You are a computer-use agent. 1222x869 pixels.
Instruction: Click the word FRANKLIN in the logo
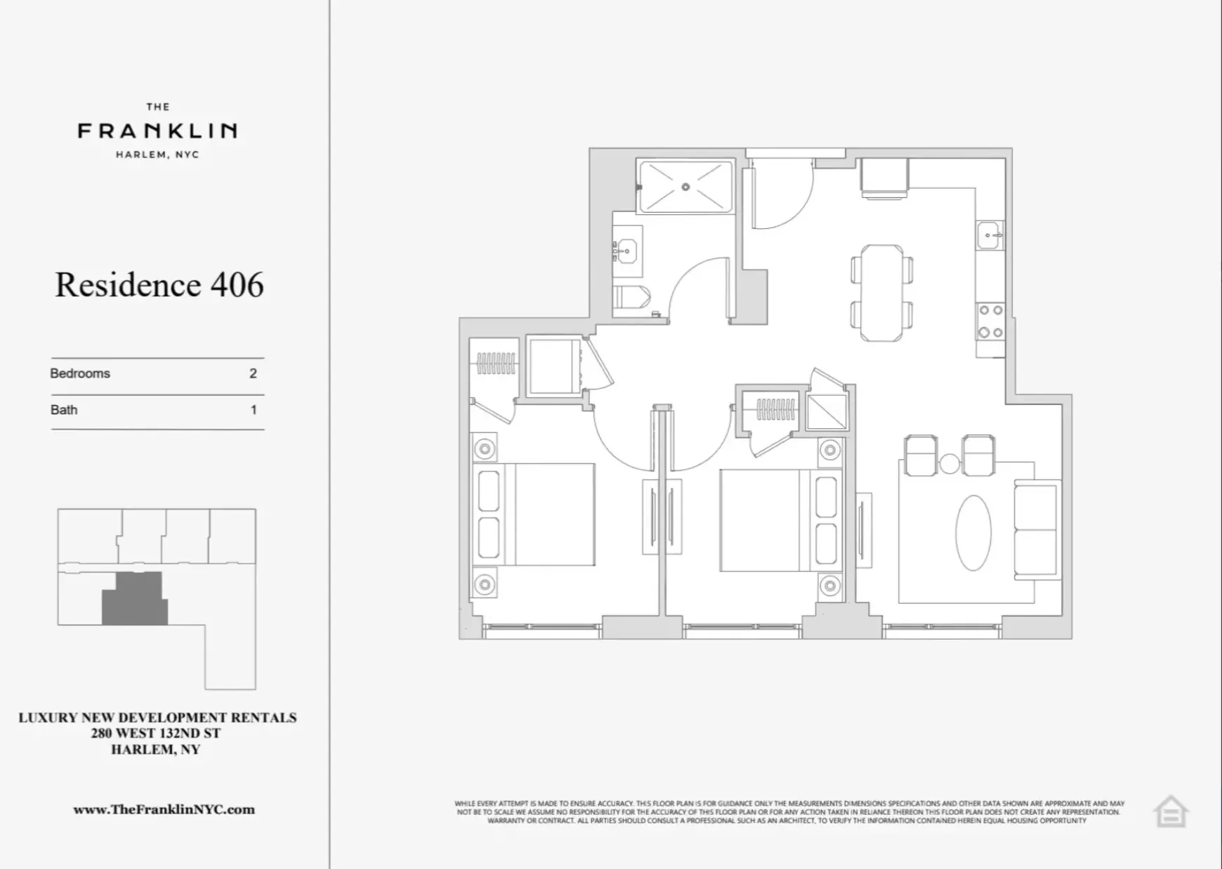[157, 131]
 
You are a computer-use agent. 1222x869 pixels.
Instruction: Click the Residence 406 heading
[159, 285]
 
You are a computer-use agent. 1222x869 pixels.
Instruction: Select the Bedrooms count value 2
[253, 373]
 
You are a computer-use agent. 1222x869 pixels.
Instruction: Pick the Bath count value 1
[254, 410]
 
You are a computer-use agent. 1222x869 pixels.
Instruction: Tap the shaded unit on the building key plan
[135, 600]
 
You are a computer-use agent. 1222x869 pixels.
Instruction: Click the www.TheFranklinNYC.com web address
[164, 809]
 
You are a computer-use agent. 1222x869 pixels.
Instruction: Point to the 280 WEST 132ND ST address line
[156, 734]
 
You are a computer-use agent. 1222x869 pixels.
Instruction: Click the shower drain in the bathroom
[685, 187]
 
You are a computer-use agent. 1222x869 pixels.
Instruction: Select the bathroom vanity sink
[625, 248]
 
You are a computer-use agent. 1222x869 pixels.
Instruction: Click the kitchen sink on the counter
[990, 235]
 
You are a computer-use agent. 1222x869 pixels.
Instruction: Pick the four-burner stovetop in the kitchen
[990, 321]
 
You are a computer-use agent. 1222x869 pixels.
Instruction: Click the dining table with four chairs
[882, 293]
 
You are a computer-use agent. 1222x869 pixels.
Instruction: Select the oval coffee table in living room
[973, 533]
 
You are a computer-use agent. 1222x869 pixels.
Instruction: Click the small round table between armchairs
[950, 463]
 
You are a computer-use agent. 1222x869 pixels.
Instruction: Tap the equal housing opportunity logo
[1170, 812]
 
